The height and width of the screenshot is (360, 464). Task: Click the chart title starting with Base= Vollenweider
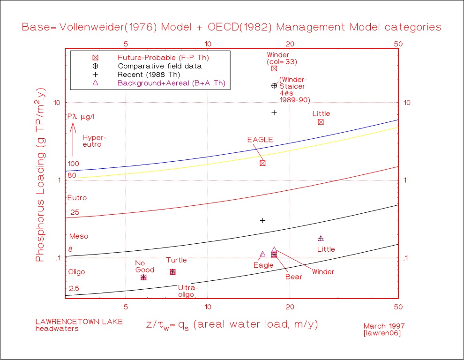point(232,27)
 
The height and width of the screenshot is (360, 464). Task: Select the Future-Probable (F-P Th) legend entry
point(163,58)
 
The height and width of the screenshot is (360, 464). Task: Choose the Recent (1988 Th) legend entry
point(149,75)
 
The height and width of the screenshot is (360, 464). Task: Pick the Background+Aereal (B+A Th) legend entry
point(171,83)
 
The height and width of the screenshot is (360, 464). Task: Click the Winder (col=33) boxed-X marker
point(275,68)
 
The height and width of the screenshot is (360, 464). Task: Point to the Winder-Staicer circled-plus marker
point(275,86)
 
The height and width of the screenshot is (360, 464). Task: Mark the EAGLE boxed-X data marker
point(263,163)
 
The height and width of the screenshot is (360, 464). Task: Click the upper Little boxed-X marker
point(321,122)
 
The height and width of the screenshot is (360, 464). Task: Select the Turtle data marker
point(173,272)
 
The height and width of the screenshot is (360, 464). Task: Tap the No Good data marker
point(144,277)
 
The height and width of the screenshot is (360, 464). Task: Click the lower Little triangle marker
point(321,239)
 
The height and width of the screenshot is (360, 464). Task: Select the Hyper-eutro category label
point(92,141)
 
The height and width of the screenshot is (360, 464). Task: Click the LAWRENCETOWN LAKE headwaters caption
point(79,325)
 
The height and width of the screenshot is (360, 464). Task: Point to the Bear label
point(294,277)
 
